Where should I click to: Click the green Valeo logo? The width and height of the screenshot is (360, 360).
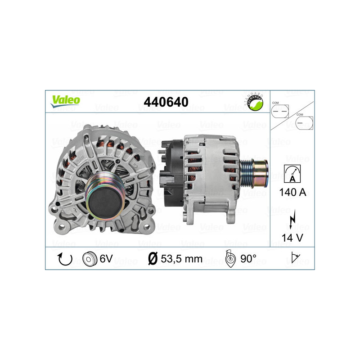[65, 101]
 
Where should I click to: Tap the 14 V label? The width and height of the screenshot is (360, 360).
[292, 238]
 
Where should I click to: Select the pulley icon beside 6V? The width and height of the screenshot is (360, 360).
[90, 259]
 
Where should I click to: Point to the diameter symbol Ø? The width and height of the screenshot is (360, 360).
[153, 259]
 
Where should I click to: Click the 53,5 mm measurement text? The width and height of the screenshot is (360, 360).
[182, 259]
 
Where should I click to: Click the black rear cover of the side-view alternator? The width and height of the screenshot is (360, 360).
[171, 173]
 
